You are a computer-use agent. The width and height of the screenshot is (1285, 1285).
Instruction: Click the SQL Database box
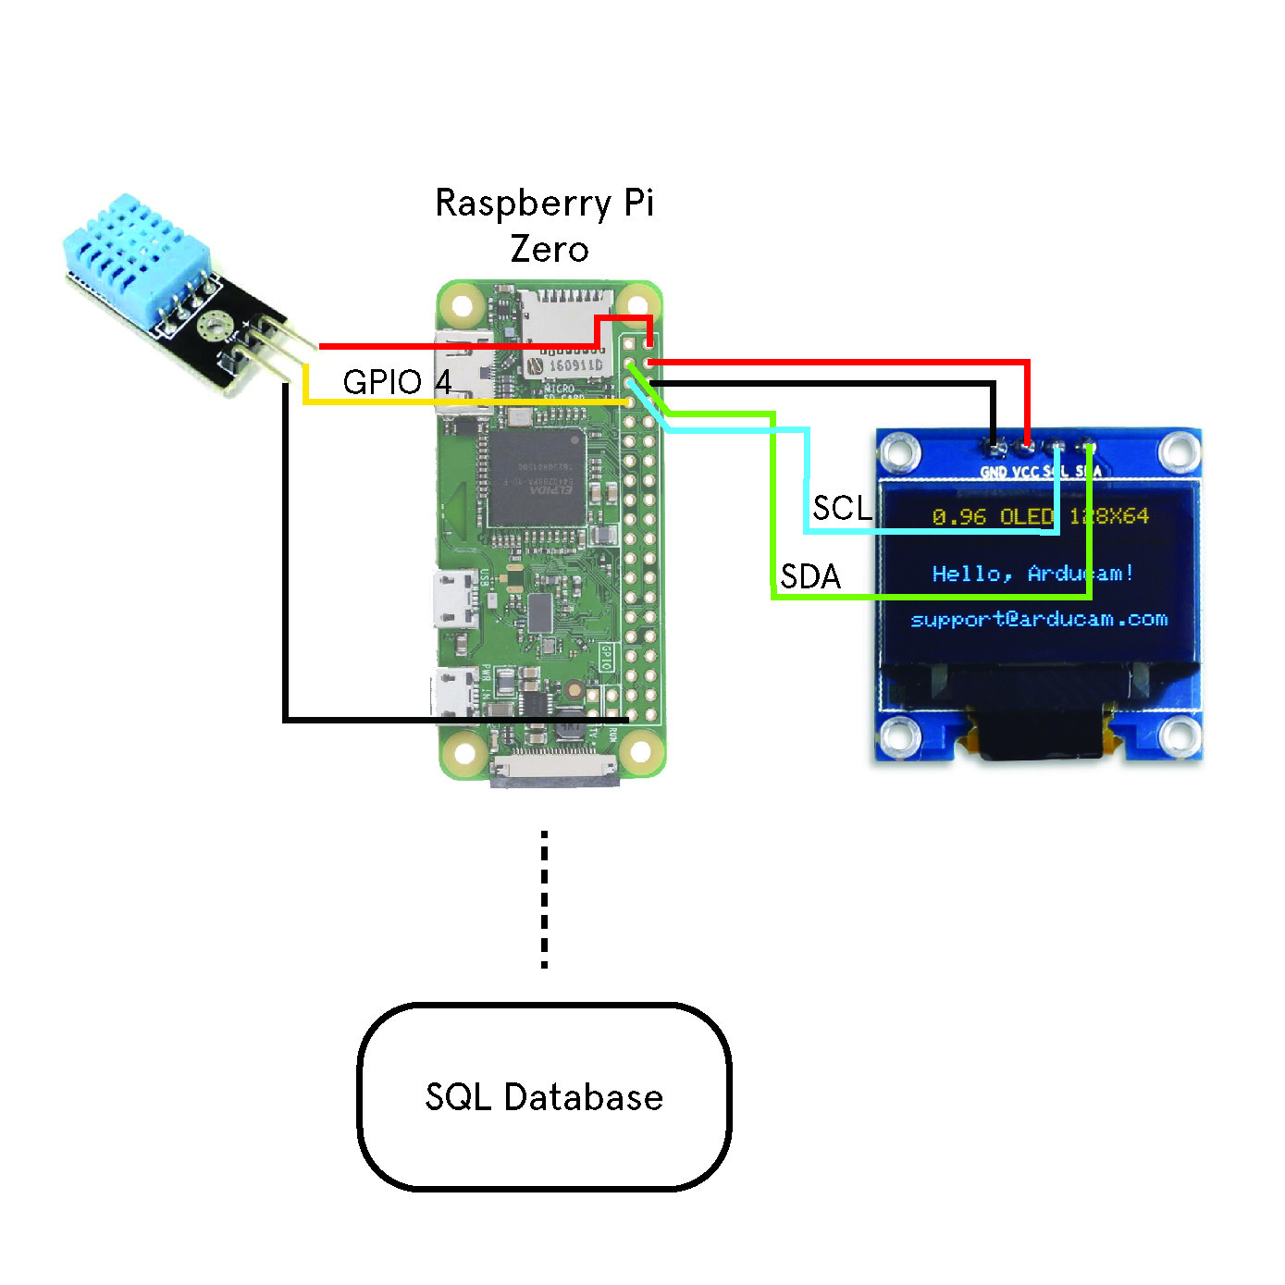544,1096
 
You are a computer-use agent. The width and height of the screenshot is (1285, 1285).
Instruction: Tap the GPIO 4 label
397,382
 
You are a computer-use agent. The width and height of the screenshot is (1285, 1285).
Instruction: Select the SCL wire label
841,508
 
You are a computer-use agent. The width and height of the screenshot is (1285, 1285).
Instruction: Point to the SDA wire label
810,576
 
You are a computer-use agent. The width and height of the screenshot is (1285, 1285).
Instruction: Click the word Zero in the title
549,249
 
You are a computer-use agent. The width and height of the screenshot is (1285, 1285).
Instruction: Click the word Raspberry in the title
524,204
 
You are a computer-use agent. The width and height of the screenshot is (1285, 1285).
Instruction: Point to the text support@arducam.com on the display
1039,619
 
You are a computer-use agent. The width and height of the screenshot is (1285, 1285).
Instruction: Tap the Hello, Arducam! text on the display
1032,574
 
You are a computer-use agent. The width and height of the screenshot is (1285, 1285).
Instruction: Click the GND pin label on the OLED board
994,472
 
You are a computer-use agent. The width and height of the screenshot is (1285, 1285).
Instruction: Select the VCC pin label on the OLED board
1025,472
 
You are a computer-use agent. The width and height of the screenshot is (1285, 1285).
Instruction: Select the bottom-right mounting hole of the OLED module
1179,736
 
